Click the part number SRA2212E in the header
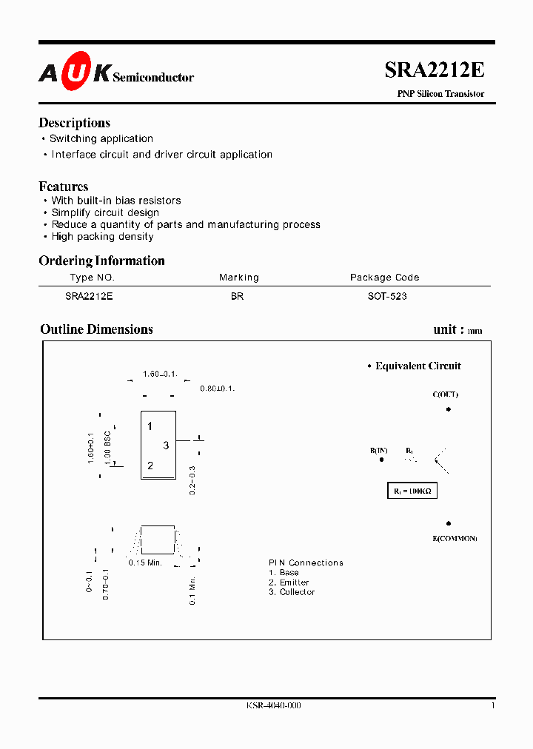coord(434,70)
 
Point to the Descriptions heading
coord(74,123)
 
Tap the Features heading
coord(64,187)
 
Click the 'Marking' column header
coord(239,278)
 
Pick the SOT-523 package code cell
coord(387,296)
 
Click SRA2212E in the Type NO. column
coord(89,296)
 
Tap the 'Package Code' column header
coord(384,278)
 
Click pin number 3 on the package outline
coord(167,446)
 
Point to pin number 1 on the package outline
coord(150,426)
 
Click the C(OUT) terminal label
coord(446,394)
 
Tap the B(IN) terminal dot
coord(382,460)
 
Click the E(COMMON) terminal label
coord(455,538)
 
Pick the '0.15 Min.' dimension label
coord(146,563)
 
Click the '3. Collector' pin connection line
coord(292,592)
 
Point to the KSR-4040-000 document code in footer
coord(273,705)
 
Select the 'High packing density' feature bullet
coord(102,237)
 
